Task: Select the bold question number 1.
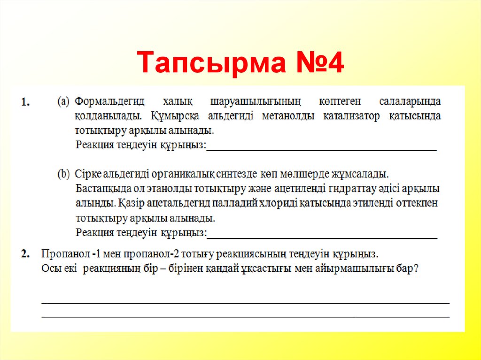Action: point(26,102)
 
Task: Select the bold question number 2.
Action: point(26,254)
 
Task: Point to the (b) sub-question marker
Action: point(64,174)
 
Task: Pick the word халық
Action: point(175,101)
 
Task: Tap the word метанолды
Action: point(288,116)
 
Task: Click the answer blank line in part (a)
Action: point(322,149)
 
